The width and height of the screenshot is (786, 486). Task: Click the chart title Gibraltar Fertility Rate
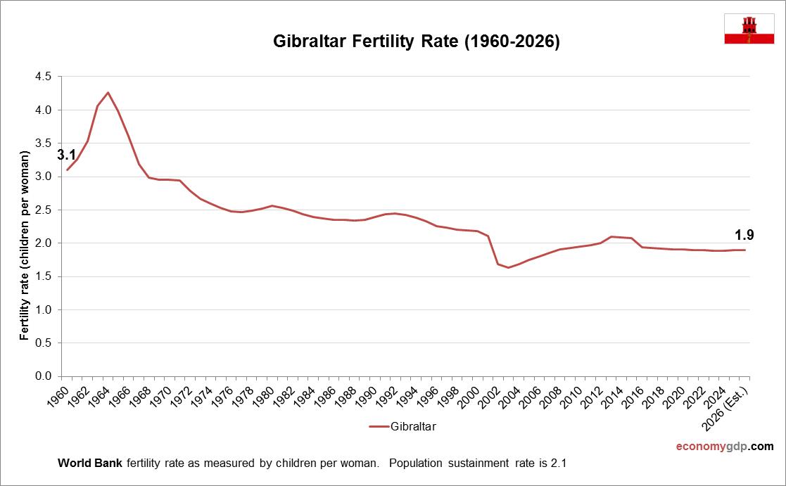416,42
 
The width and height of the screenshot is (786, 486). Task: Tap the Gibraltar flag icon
749,29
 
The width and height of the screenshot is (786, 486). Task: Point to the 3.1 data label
66,154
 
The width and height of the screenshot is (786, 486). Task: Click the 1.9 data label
744,235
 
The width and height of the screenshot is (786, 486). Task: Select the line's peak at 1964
108,92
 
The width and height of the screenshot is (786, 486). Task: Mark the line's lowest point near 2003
508,267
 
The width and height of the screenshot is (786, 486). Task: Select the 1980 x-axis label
265,396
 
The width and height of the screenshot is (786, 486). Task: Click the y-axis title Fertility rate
25,245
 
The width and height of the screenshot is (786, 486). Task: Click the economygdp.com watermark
724,447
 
